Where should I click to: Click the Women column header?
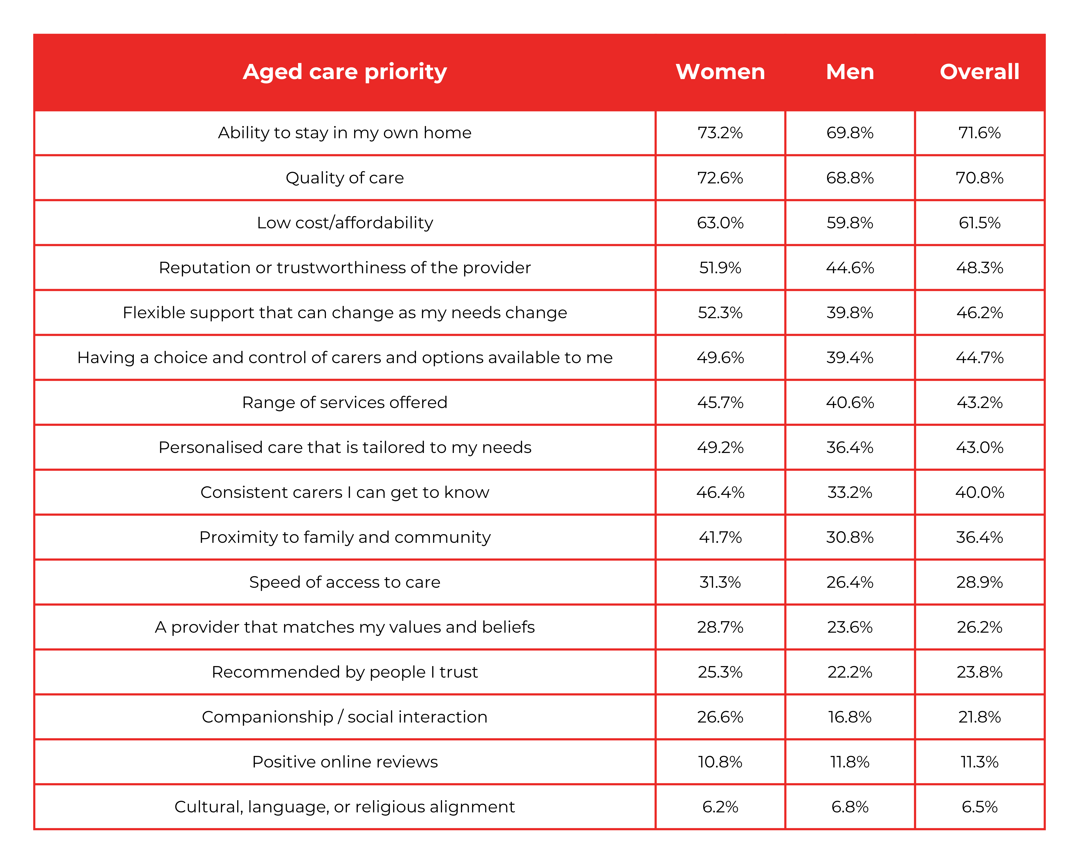point(720,72)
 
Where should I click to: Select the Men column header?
point(850,72)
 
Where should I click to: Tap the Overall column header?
point(979,72)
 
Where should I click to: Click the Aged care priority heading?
point(345,72)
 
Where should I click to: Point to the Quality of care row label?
point(345,178)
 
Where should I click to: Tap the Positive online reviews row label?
point(345,762)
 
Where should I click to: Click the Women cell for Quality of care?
point(720,178)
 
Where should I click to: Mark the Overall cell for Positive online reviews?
point(979,762)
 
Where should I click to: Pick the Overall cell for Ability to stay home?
point(979,133)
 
